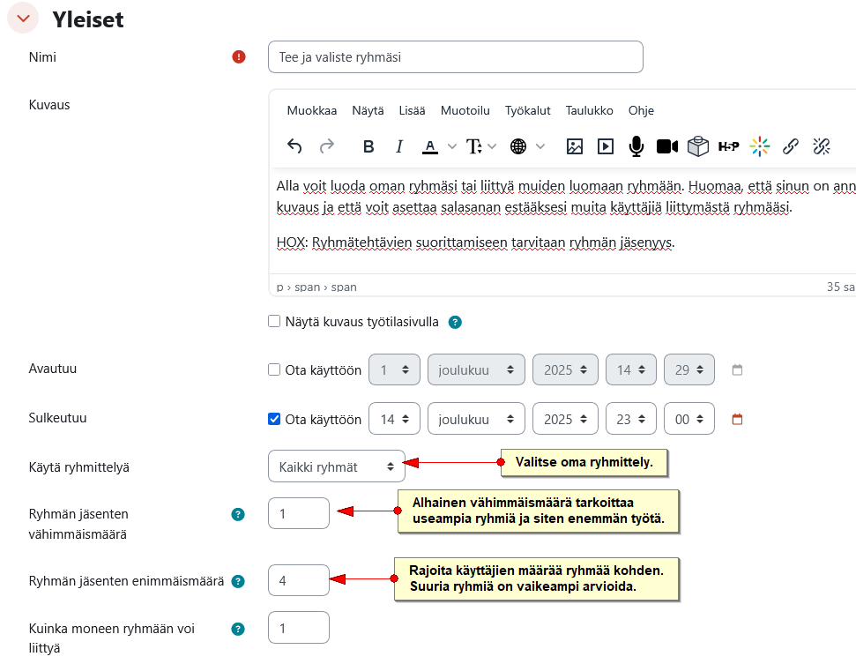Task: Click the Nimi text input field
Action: [455, 56]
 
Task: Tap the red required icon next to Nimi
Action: [239, 56]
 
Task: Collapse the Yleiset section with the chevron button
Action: [23, 18]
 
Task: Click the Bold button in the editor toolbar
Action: [368, 146]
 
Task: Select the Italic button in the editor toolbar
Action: [399, 146]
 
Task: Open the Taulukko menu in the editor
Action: [589, 110]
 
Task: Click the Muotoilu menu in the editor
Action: [465, 110]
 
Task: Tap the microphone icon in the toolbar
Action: [636, 146]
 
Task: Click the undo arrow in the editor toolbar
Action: [294, 146]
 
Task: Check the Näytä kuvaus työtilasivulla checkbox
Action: [274, 321]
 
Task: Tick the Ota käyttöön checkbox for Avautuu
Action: [274, 369]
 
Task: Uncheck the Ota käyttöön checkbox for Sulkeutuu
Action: [274, 419]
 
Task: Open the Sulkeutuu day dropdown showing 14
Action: [394, 419]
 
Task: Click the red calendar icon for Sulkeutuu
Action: [737, 419]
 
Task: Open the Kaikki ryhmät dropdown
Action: [336, 466]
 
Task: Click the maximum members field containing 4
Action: [299, 580]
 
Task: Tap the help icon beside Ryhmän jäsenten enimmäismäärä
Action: [238, 581]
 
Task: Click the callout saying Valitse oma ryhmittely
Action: [584, 462]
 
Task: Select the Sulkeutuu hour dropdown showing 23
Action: [630, 419]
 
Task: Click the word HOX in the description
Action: [292, 242]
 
